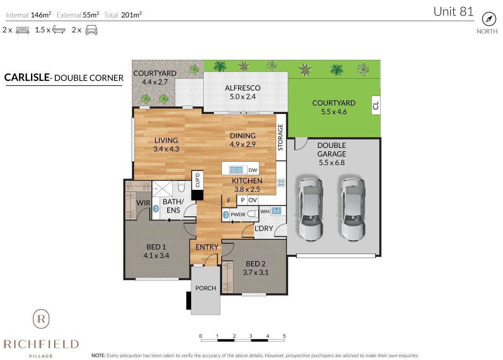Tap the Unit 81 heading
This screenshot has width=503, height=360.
(453, 11)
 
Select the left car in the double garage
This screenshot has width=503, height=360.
(311, 209)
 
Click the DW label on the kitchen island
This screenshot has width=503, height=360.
(252, 170)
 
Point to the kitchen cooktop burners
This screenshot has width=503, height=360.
(281, 183)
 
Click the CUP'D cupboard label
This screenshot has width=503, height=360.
(196, 181)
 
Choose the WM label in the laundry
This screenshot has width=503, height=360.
(264, 211)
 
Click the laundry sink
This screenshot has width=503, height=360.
(277, 211)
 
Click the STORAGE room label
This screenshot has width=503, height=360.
(280, 137)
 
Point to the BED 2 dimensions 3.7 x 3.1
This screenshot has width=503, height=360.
(255, 272)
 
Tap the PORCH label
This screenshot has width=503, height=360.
(206, 288)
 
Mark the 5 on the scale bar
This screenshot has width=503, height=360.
(284, 336)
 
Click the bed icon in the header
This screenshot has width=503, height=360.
(22, 30)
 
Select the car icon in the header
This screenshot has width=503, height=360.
(91, 30)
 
